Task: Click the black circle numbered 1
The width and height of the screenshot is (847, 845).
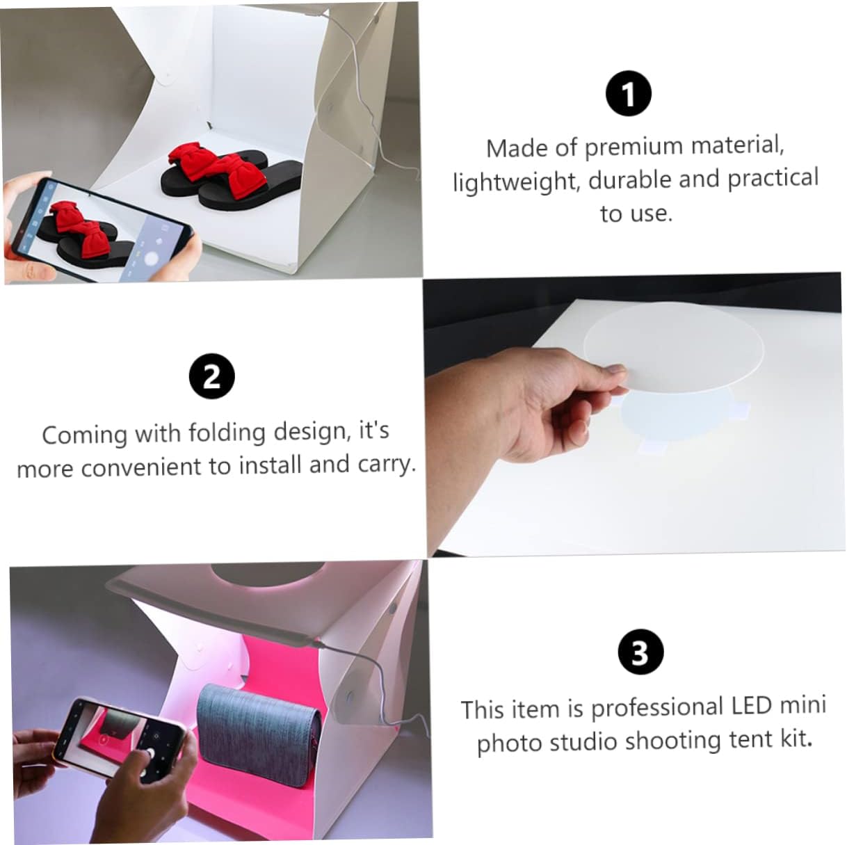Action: click(x=629, y=95)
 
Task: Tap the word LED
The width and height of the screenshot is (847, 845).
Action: click(x=751, y=706)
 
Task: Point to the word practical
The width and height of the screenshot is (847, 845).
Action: click(x=773, y=179)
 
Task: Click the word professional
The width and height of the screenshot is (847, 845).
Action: click(x=657, y=708)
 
